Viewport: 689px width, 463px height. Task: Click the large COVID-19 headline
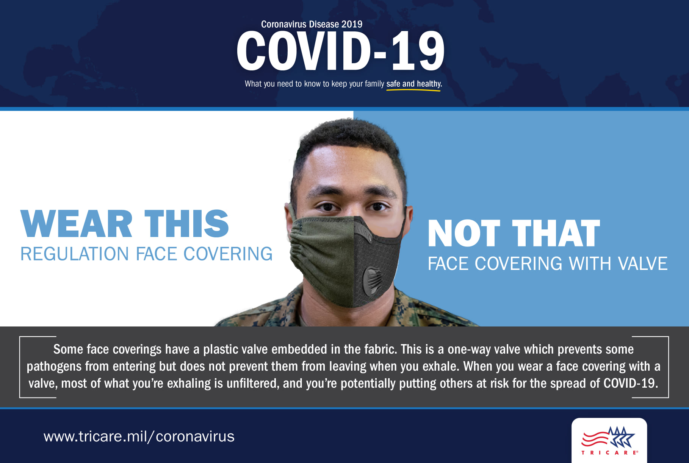[x=341, y=51]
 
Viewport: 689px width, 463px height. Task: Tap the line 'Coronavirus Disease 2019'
[x=312, y=24]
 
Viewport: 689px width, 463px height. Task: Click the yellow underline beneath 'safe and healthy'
[x=413, y=90]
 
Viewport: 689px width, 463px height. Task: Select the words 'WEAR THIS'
[x=125, y=224]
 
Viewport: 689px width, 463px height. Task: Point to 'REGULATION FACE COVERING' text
[x=146, y=254]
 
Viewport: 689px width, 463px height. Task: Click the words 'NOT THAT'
[x=514, y=233]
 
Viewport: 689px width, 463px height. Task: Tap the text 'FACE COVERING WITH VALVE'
[x=548, y=263]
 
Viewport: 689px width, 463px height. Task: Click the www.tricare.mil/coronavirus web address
[x=139, y=436]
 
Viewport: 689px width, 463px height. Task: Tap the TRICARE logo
[x=609, y=440]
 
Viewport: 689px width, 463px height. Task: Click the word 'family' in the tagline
[x=374, y=84]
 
